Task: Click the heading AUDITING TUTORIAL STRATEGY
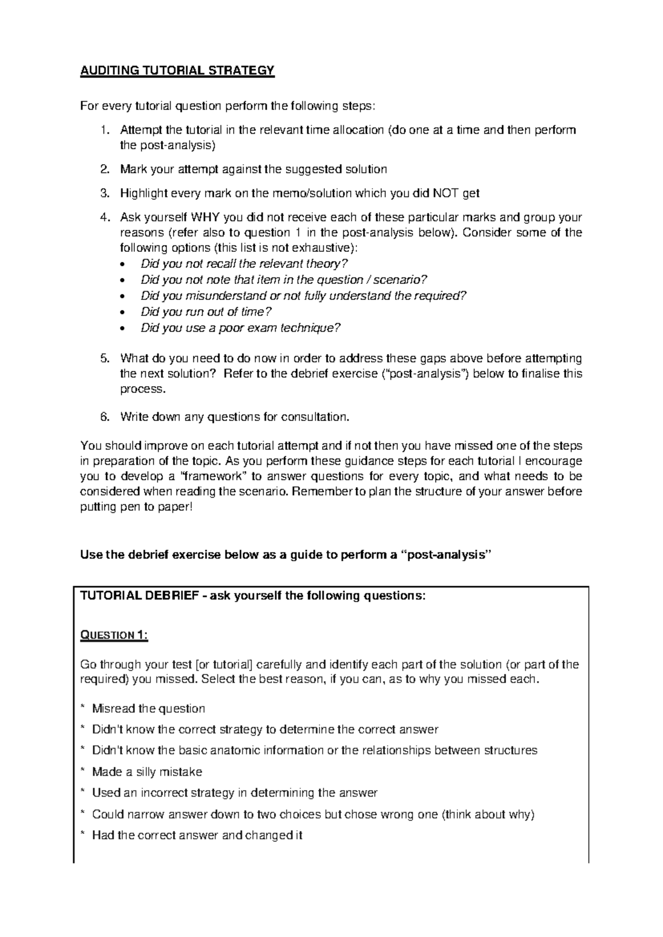click(x=177, y=71)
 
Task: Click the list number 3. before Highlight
click(x=104, y=193)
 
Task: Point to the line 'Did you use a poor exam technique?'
click(x=240, y=328)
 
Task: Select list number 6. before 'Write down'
click(x=104, y=417)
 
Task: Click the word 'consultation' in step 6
click(x=315, y=417)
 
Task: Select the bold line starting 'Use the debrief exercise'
click(x=285, y=555)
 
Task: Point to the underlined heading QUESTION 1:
click(x=114, y=635)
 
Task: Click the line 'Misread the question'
click(x=148, y=708)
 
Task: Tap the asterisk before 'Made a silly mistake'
click(x=83, y=772)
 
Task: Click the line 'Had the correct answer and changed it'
click(x=197, y=835)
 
